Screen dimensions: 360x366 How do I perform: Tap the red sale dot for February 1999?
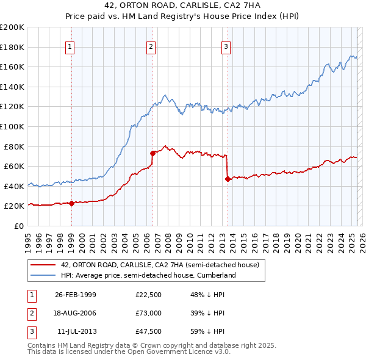[x=71, y=203]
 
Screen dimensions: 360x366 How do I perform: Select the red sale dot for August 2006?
[x=152, y=153]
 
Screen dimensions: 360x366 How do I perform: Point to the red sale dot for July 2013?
[x=227, y=179]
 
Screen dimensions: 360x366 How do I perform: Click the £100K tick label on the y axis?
[x=12, y=126]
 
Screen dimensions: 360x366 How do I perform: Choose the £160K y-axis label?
[x=12, y=67]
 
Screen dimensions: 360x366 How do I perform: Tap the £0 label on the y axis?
[x=18, y=226]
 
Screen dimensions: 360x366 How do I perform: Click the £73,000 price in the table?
[x=148, y=312]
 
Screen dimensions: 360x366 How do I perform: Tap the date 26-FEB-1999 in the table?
[x=75, y=295]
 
